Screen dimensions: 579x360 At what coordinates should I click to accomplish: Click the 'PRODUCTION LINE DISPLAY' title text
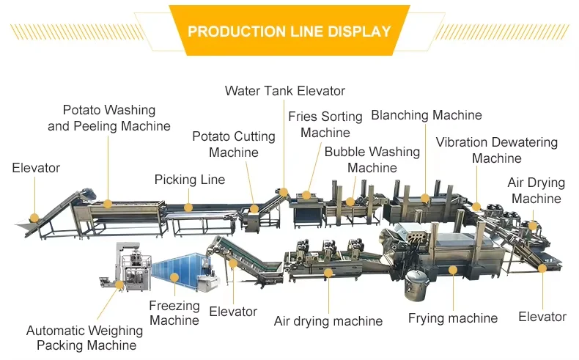coord(289,32)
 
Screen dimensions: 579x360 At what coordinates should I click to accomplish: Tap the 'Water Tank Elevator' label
coord(284,91)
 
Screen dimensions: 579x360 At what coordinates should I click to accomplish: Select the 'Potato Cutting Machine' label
coord(234,144)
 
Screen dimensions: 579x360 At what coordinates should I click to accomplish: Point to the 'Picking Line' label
coord(190,180)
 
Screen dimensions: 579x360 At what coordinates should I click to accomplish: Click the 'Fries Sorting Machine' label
coord(325,125)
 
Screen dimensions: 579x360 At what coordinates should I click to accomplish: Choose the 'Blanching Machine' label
coord(427,115)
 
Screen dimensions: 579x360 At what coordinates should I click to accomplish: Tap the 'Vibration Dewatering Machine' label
coord(497,150)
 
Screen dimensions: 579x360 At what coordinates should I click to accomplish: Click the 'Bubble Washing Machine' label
coord(372,160)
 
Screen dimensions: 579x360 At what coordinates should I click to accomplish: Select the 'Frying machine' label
coord(453,318)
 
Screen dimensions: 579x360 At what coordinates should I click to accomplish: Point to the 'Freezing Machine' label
coord(174,313)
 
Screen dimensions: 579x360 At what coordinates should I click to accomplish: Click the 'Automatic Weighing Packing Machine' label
coord(85,338)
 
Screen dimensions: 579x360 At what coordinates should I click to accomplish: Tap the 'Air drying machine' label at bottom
coord(328,321)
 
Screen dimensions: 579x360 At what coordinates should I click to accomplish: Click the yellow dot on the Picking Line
coord(188,207)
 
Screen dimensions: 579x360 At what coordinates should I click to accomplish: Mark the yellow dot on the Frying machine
coord(453,270)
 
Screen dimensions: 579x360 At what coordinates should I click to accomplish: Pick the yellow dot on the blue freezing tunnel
coord(174,277)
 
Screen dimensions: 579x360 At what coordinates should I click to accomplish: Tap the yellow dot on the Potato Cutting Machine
coord(254,209)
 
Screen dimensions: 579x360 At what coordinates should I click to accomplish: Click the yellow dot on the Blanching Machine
coord(425,199)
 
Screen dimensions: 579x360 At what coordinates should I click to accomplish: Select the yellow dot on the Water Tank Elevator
coord(284,192)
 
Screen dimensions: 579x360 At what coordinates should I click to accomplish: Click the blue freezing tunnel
coord(179,271)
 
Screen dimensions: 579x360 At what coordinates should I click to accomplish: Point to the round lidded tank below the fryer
coord(417,284)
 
